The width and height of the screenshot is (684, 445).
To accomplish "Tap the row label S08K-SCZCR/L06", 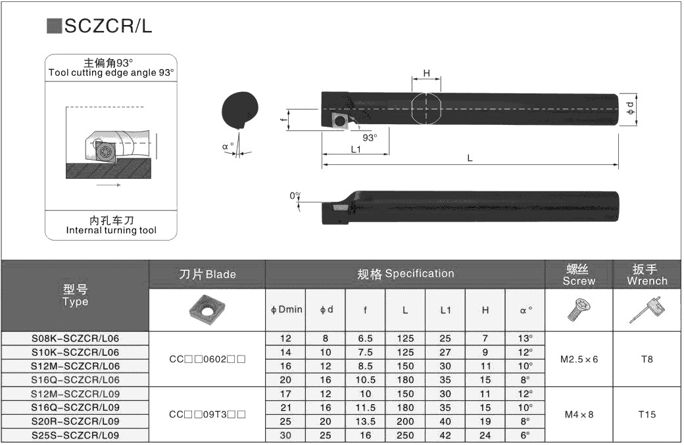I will pyautogui.click(x=76, y=339).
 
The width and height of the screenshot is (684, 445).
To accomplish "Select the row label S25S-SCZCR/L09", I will pyautogui.click(x=76, y=436).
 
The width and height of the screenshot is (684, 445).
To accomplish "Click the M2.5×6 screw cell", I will pyautogui.click(x=579, y=360).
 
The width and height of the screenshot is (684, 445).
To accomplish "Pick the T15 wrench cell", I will pyautogui.click(x=647, y=415).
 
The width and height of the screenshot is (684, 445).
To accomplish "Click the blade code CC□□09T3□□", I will pyautogui.click(x=207, y=415).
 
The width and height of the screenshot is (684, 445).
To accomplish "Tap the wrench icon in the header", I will pyautogui.click(x=647, y=310).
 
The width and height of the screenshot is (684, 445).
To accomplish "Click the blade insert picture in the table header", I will pyautogui.click(x=207, y=310).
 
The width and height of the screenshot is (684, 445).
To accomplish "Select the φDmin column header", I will pyautogui.click(x=286, y=310).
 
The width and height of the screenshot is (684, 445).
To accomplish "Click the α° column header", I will pyautogui.click(x=525, y=310).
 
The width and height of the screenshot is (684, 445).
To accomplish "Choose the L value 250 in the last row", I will pyautogui.click(x=405, y=436).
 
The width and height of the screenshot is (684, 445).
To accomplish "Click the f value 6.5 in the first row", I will pyautogui.click(x=365, y=339).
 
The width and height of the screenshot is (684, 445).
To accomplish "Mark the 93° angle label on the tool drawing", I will pyautogui.click(x=370, y=137).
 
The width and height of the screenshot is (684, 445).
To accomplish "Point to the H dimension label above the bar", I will pyautogui.click(x=426, y=74).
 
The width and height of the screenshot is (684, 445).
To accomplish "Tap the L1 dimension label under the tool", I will pyautogui.click(x=356, y=149).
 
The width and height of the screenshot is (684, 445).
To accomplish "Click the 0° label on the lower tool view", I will pyautogui.click(x=295, y=195).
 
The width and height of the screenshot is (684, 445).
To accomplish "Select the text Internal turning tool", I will pyautogui.click(x=111, y=231).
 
